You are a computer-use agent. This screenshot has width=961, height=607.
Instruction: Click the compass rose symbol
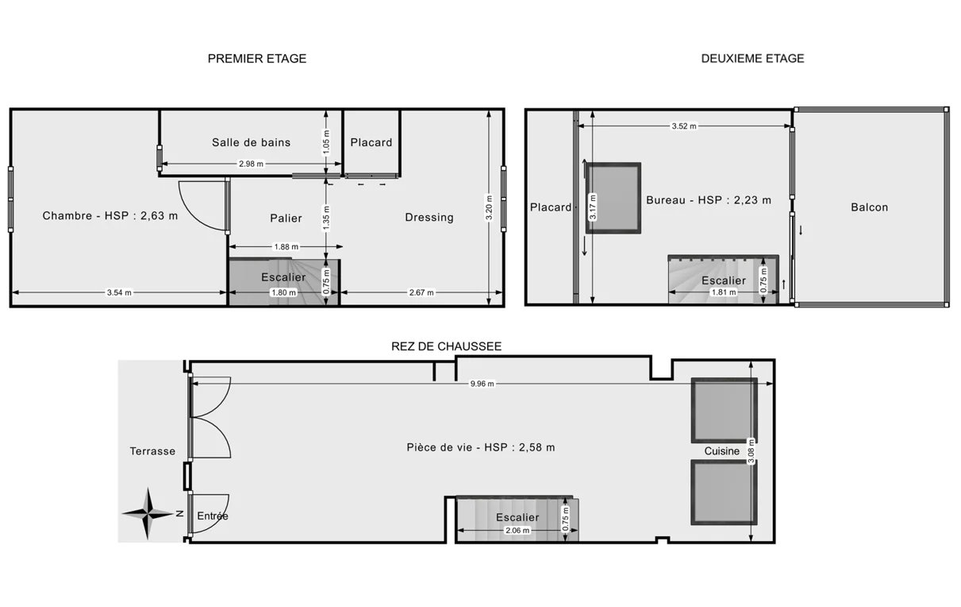click(x=148, y=513)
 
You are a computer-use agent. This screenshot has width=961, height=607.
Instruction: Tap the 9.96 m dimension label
click(x=482, y=384)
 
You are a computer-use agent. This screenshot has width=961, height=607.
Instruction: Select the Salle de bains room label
click(x=251, y=142)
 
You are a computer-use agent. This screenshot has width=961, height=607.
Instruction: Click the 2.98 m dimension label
click(x=251, y=164)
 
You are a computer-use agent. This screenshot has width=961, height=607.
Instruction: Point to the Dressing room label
click(x=429, y=218)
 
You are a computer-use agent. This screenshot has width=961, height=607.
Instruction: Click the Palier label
click(x=286, y=218)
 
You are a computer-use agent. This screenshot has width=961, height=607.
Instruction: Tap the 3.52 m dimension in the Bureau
click(x=684, y=126)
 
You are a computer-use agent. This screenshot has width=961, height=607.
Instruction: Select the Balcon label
click(x=869, y=207)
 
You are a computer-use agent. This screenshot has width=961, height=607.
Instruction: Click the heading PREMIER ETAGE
click(x=257, y=59)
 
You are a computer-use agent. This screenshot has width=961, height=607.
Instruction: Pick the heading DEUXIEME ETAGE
click(x=752, y=59)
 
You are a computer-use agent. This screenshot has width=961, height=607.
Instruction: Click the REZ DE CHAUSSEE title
click(x=446, y=346)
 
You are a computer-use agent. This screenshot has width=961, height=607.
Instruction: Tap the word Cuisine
click(x=721, y=451)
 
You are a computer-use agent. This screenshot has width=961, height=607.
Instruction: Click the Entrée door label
click(x=213, y=516)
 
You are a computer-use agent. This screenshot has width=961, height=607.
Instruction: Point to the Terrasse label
click(x=152, y=451)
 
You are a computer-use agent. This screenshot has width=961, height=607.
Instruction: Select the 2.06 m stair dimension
click(x=517, y=531)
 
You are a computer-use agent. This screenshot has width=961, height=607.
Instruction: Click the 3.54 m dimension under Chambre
click(x=119, y=292)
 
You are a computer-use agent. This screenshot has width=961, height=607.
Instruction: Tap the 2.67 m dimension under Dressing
click(x=421, y=292)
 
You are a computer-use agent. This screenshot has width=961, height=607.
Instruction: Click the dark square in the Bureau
click(x=613, y=198)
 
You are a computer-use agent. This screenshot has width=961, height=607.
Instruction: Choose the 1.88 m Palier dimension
click(x=286, y=246)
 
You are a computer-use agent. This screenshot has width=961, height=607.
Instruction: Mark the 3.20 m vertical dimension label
click(x=489, y=207)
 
